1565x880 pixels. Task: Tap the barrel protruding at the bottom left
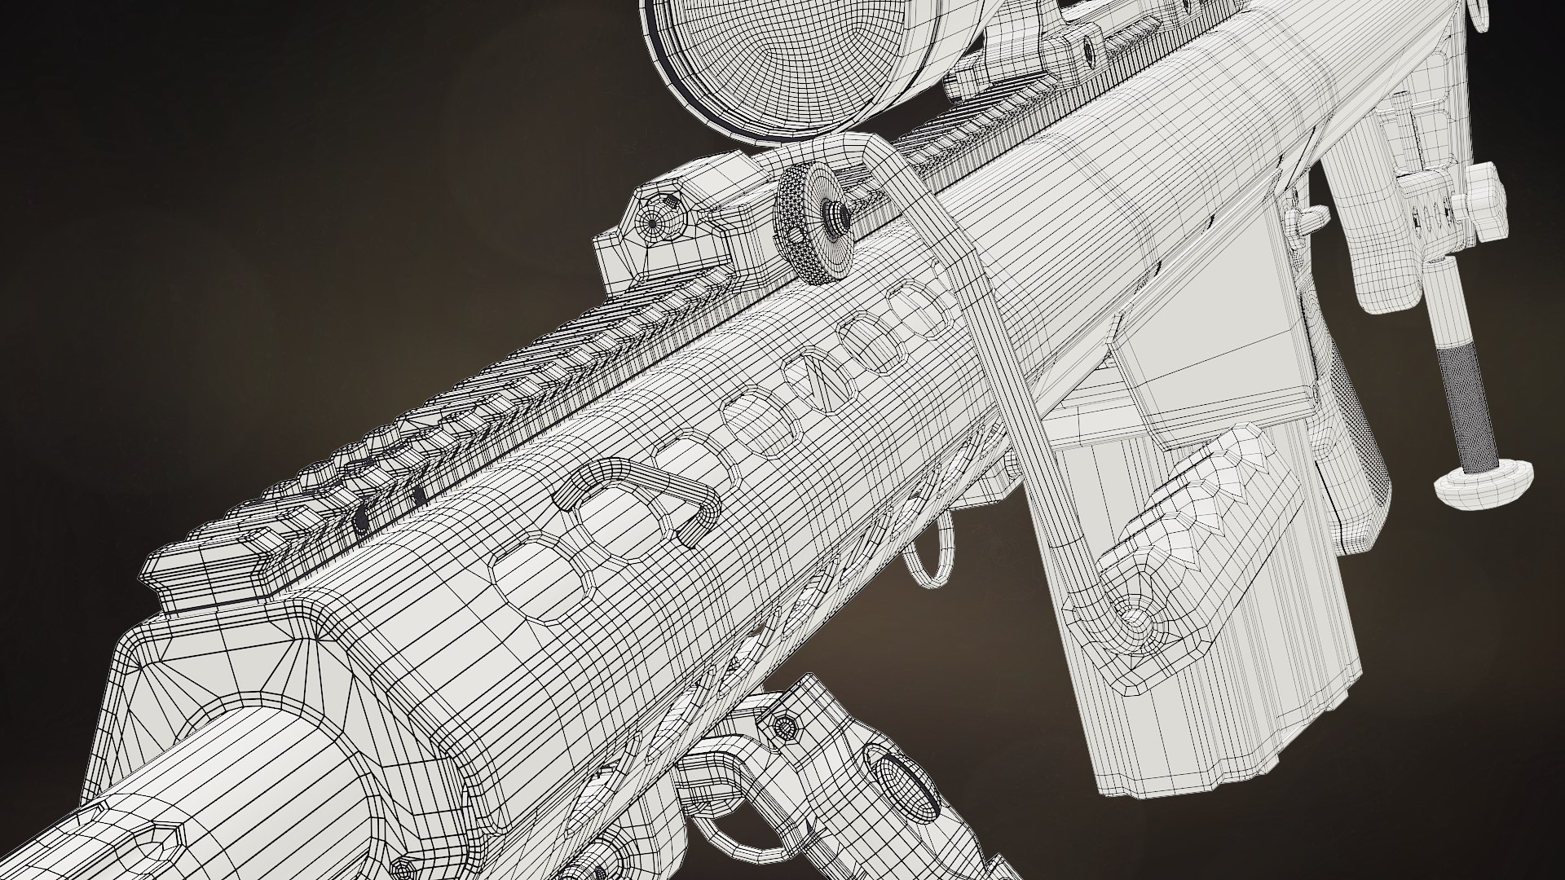pos(204,799)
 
